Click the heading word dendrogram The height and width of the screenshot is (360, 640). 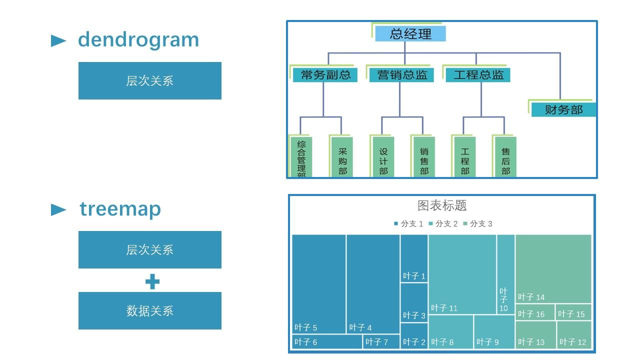click(138, 40)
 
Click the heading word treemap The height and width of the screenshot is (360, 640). click(120, 209)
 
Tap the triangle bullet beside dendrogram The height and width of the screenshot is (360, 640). click(58, 41)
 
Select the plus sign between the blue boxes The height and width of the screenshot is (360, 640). click(152, 281)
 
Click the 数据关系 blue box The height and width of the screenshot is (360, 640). click(149, 310)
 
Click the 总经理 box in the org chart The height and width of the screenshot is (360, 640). click(410, 34)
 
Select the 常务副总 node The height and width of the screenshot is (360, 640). click(325, 75)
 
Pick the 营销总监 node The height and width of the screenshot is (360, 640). click(402, 75)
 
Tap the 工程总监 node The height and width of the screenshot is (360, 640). click(478, 75)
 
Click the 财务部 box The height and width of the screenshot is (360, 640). click(563, 110)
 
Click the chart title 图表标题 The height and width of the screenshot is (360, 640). click(442, 205)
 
